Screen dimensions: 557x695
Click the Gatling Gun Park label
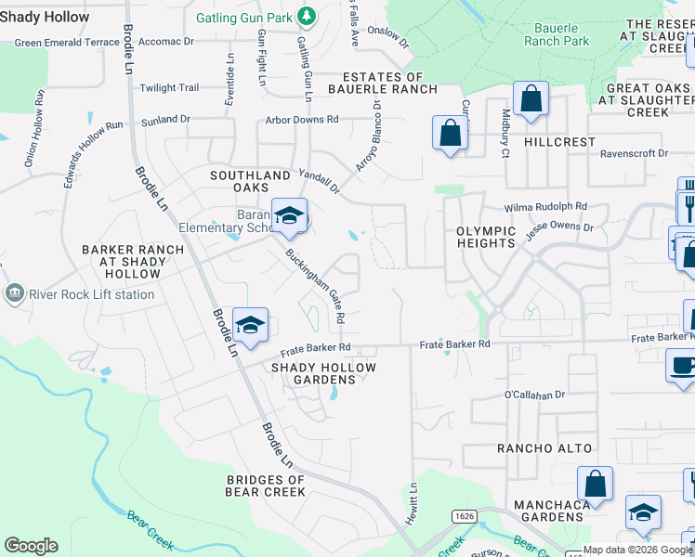[x=246, y=18]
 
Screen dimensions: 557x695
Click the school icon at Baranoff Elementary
[x=289, y=217]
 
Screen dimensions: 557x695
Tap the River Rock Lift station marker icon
[x=15, y=295]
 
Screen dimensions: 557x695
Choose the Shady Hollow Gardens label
[x=323, y=373]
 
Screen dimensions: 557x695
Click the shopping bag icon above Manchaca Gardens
[x=595, y=485]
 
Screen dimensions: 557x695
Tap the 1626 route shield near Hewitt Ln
[x=466, y=515]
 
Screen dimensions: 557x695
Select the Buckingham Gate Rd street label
[x=316, y=285]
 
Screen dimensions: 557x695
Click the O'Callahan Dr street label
[x=534, y=395]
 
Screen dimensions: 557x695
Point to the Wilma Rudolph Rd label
[x=545, y=207]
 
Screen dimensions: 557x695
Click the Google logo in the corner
[x=31, y=546]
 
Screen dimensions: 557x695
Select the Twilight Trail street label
[x=169, y=88]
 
